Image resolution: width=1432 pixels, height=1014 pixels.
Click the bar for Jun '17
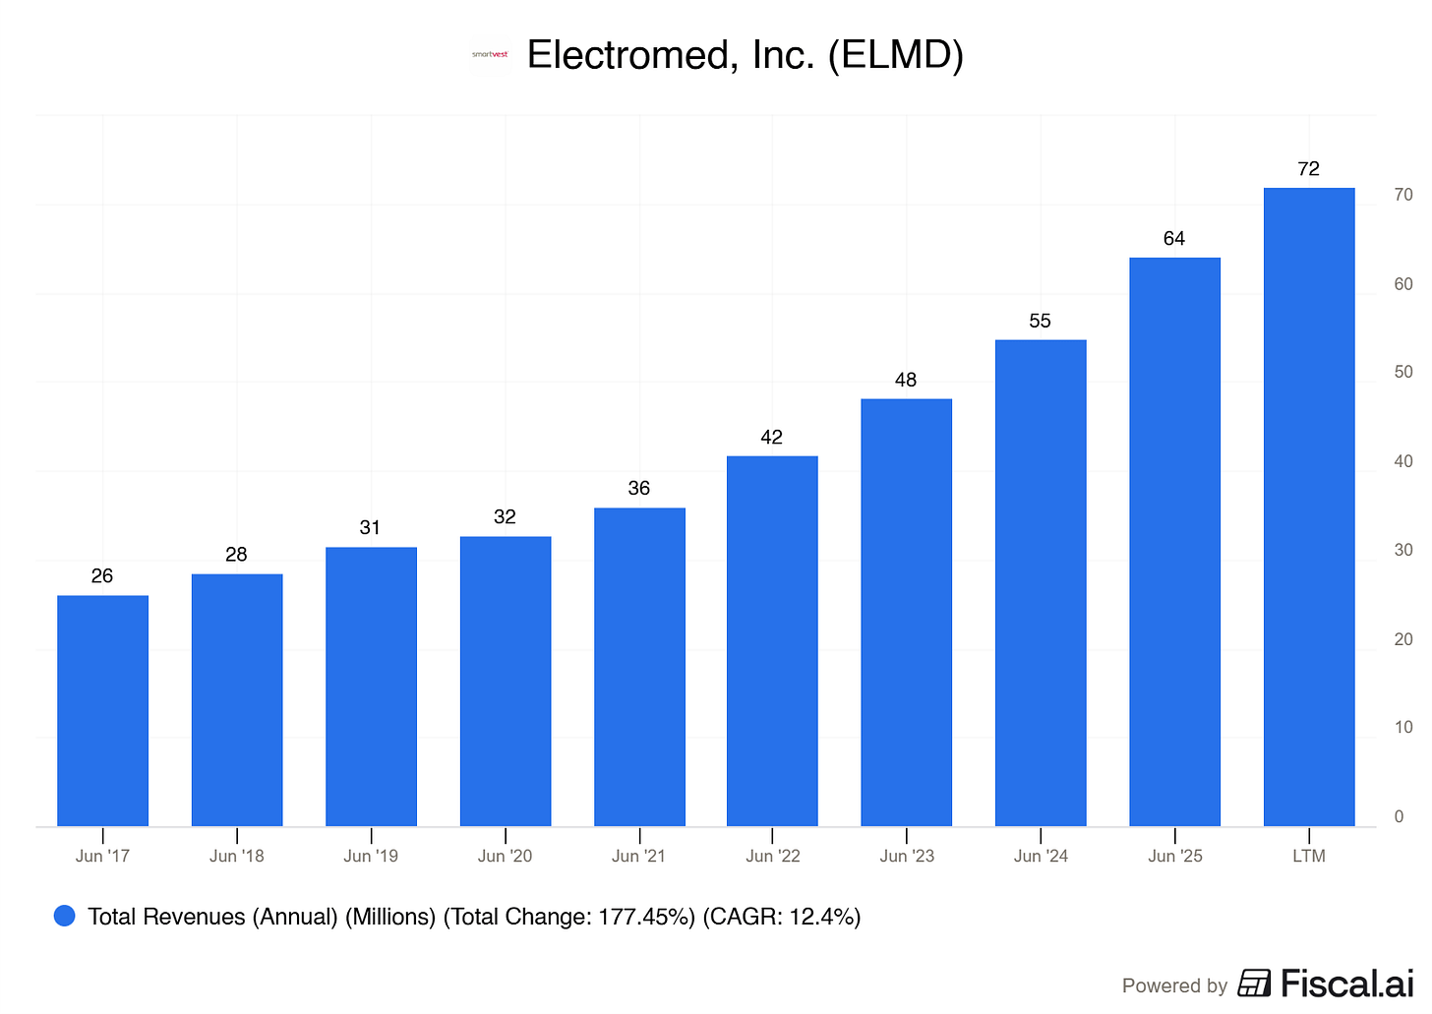click(x=103, y=710)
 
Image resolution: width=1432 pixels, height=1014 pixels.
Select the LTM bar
click(x=1309, y=507)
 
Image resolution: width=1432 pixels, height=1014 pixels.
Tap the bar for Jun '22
click(x=772, y=640)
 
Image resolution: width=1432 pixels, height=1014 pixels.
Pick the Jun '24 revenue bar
click(x=1041, y=582)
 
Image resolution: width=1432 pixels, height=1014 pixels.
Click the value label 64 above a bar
click(x=1173, y=238)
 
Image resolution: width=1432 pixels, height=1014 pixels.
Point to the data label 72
click(x=1308, y=169)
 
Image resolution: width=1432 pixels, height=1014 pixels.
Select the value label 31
click(x=370, y=527)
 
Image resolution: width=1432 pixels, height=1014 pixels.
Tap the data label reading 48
click(x=905, y=380)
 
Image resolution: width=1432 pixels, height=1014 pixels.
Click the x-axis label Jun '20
click(x=505, y=856)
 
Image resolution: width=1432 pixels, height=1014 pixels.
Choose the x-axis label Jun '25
click(x=1174, y=856)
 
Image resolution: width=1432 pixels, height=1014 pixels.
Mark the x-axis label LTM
click(x=1309, y=856)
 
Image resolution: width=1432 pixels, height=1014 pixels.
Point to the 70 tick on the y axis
click(x=1403, y=195)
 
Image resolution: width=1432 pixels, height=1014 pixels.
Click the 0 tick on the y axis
click(x=1399, y=816)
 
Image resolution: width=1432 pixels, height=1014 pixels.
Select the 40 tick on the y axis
click(x=1403, y=461)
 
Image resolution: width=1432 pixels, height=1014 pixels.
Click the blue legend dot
click(x=65, y=916)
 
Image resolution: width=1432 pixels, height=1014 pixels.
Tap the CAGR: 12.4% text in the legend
click(x=781, y=917)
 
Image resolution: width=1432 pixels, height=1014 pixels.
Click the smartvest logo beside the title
click(x=490, y=55)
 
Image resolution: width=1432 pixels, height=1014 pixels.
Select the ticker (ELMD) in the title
click(x=896, y=55)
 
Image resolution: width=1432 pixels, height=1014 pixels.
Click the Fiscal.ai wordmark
click(x=1347, y=984)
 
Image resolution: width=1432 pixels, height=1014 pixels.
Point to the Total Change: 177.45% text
click(x=568, y=917)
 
